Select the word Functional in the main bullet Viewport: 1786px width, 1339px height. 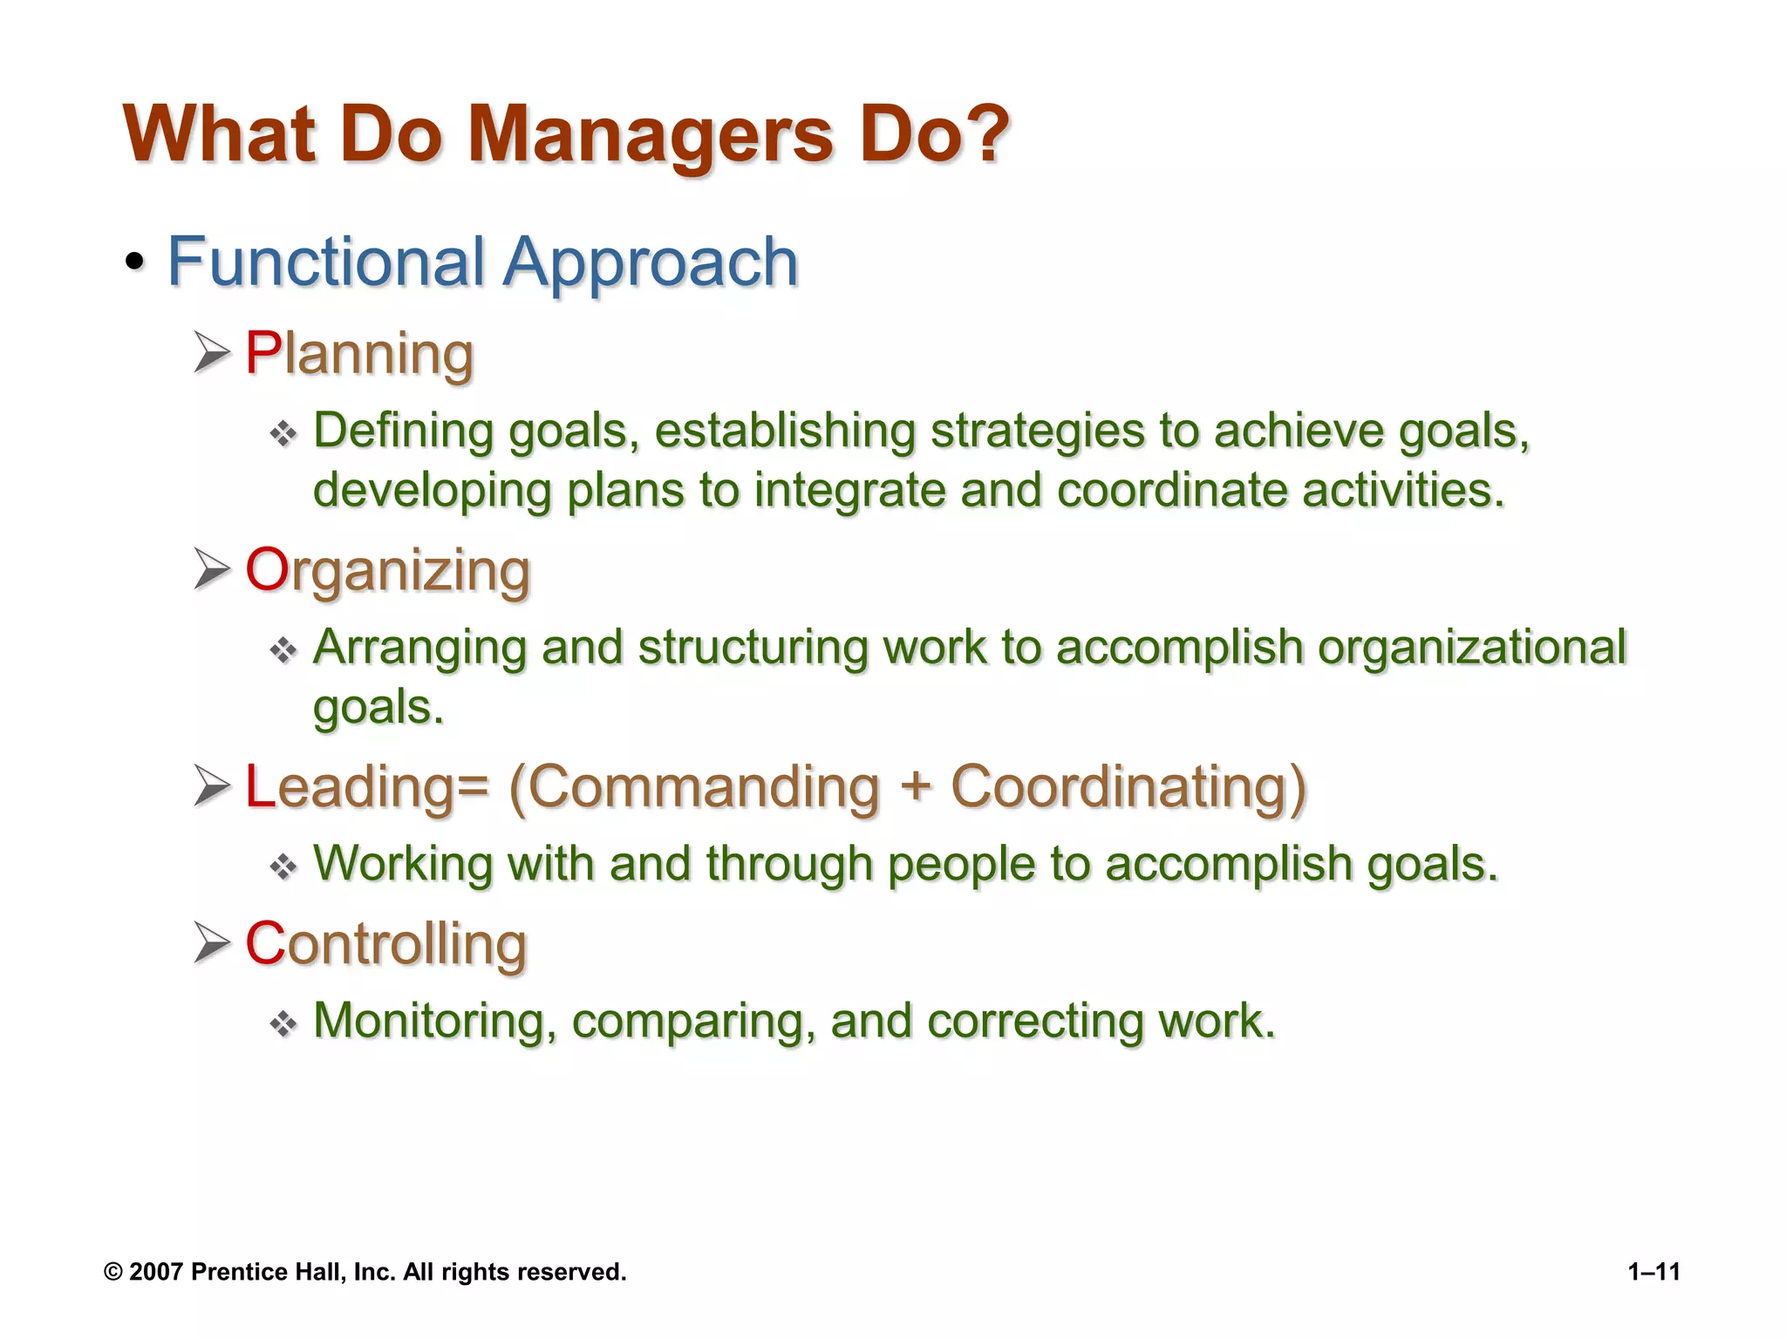click(325, 262)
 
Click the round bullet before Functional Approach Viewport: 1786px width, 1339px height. click(134, 262)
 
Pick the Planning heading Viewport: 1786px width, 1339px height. click(359, 354)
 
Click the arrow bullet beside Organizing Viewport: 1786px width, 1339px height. click(212, 569)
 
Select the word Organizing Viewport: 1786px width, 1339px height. click(388, 571)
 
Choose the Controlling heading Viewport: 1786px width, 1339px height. click(386, 944)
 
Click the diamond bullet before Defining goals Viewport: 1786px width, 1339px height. click(283, 433)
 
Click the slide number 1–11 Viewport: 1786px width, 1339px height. click(1653, 1272)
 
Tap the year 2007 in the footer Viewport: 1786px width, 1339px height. click(155, 1272)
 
